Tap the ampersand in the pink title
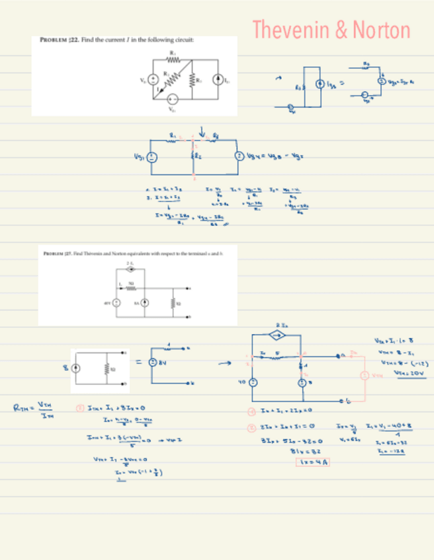coord(342,30)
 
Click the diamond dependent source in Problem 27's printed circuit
coord(130,269)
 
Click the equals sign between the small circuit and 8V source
coord(138,361)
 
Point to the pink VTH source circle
coord(365,376)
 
